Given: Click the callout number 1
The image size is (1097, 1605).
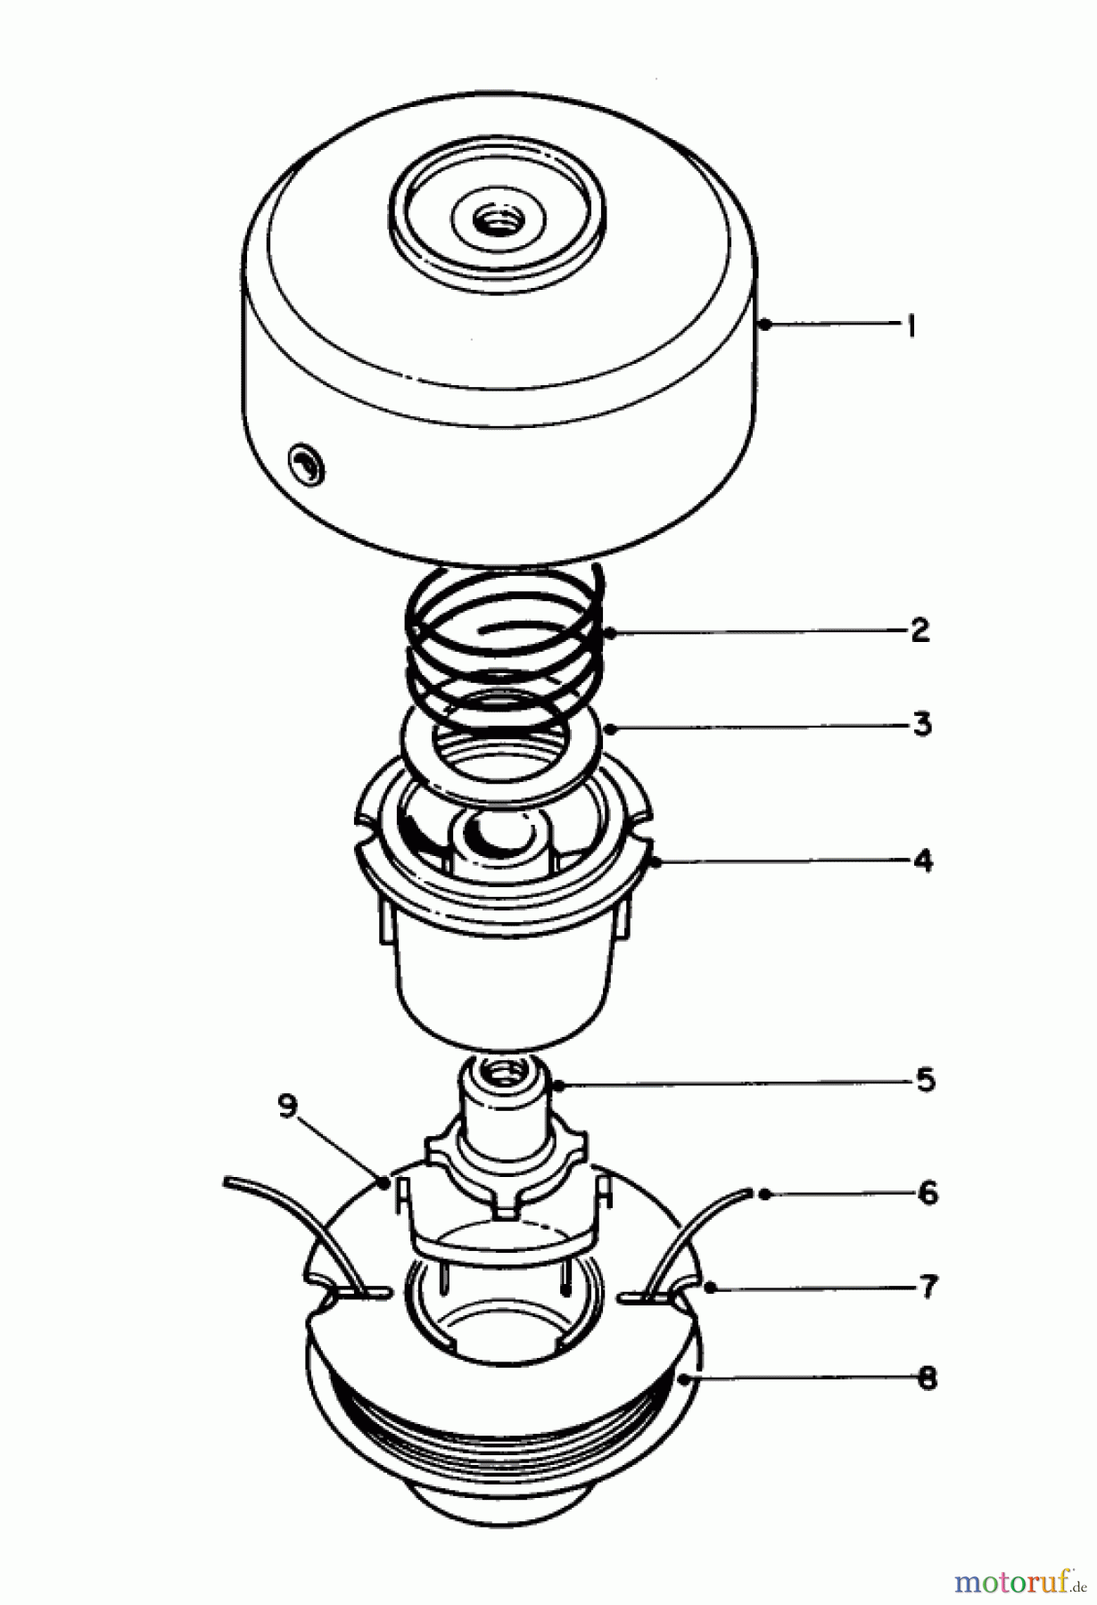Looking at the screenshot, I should pyautogui.click(x=911, y=326).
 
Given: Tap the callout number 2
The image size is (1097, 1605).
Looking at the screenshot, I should pyautogui.click(x=920, y=630).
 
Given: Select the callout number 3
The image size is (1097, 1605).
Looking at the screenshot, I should pyautogui.click(x=921, y=724).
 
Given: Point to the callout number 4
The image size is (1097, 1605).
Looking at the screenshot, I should pyautogui.click(x=923, y=860).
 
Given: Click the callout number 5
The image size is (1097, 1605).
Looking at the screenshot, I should pyautogui.click(x=925, y=1081).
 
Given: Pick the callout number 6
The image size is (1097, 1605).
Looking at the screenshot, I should pyautogui.click(x=928, y=1192).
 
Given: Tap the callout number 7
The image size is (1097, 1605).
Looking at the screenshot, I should pyautogui.click(x=928, y=1287).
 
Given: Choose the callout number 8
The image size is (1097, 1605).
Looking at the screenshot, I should pyautogui.click(x=928, y=1379).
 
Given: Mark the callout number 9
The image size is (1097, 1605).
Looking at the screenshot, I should pyautogui.click(x=286, y=1107).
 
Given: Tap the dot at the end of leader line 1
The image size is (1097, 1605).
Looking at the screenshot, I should pyautogui.click(x=764, y=326).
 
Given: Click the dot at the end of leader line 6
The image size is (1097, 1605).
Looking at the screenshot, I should pyautogui.click(x=764, y=1193).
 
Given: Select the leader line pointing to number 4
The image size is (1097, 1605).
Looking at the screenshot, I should pyautogui.click(x=785, y=861).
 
